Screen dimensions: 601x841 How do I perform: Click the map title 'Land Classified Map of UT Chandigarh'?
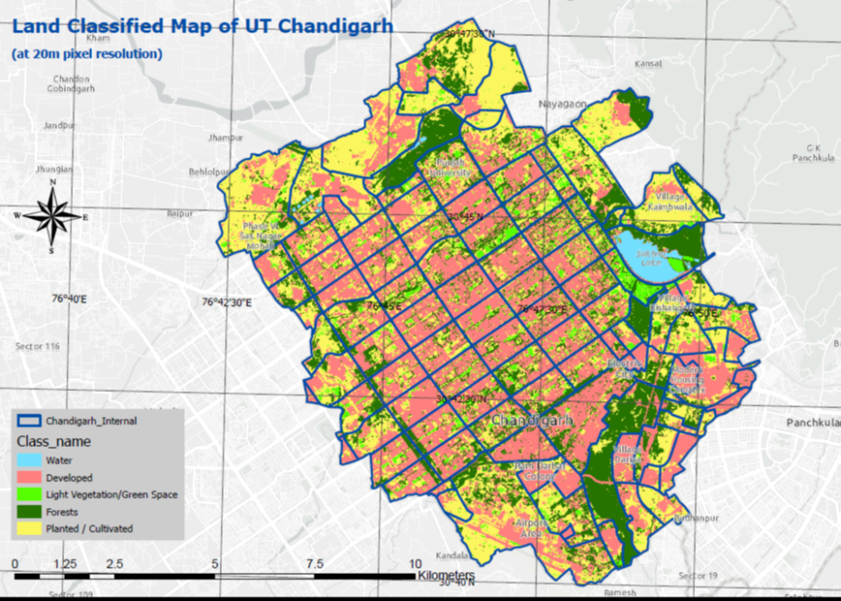click(x=202, y=26)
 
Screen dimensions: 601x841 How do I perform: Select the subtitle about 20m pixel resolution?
click(x=87, y=54)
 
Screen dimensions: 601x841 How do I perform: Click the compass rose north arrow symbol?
click(x=52, y=216)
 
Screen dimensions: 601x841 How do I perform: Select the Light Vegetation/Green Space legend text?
click(x=112, y=495)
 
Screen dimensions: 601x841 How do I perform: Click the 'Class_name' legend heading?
click(x=48, y=442)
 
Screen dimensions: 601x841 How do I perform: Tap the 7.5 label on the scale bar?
click(x=314, y=563)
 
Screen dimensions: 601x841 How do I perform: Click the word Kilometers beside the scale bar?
click(x=445, y=575)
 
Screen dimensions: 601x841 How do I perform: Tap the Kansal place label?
click(x=648, y=64)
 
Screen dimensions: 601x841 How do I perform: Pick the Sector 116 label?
click(x=37, y=346)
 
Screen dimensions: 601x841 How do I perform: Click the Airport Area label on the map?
click(x=532, y=527)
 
